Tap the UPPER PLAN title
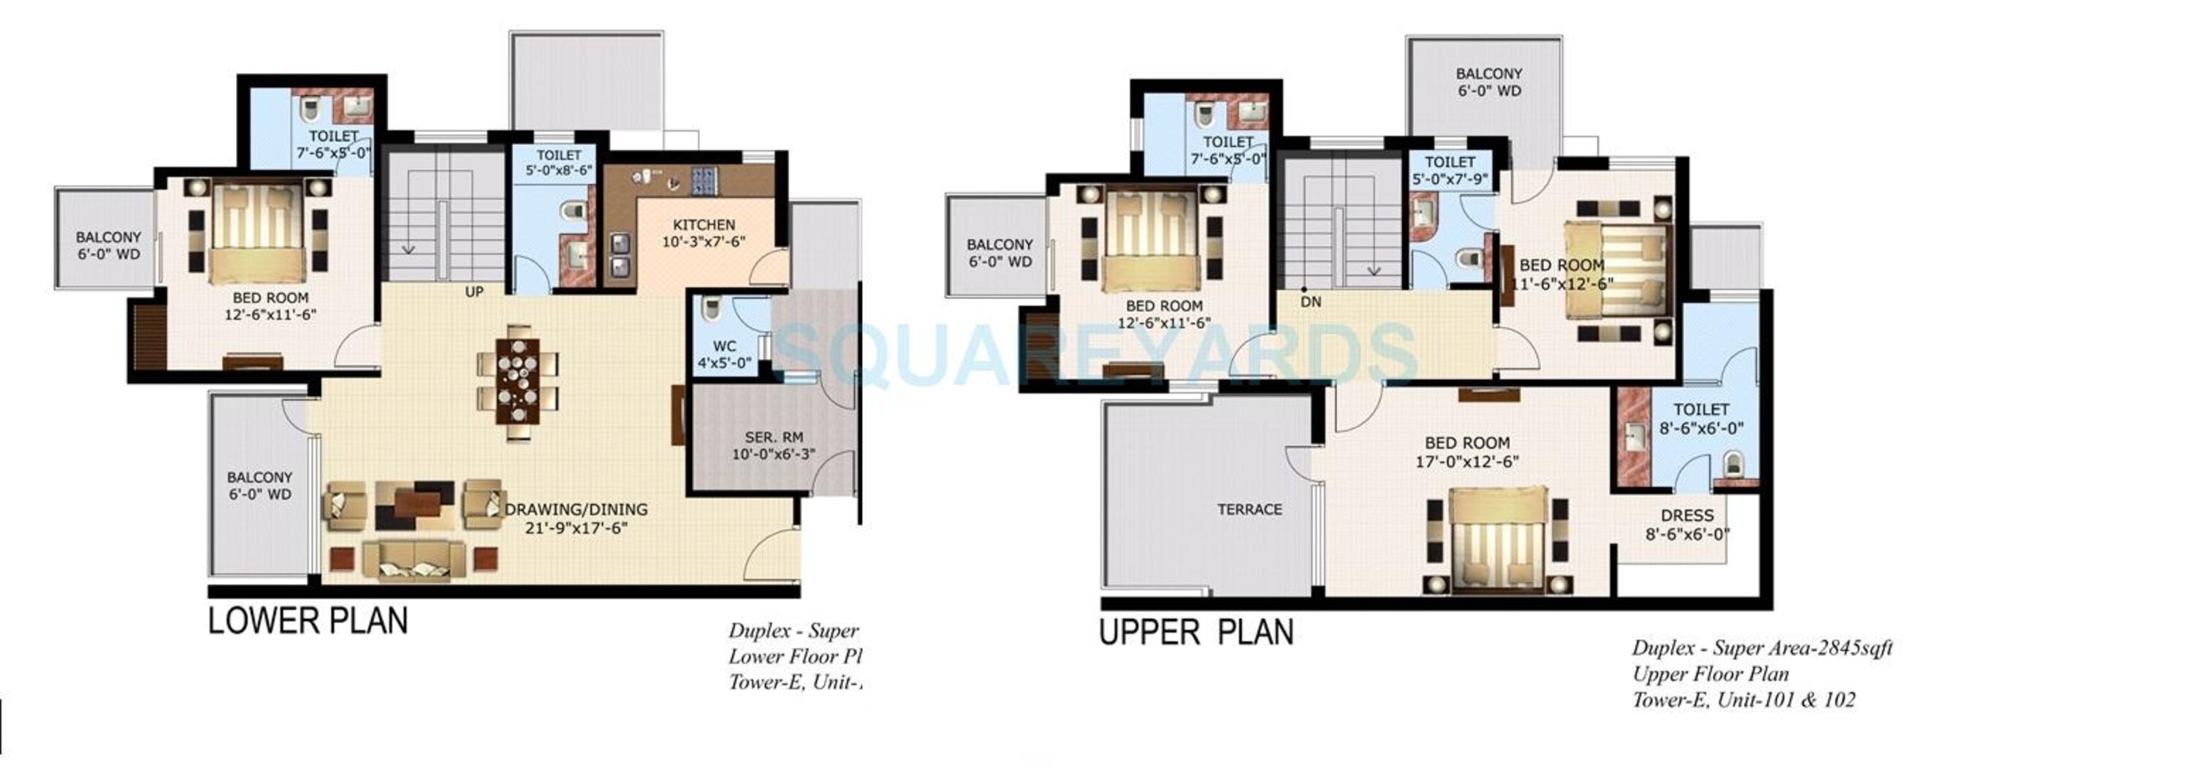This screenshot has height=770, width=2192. (1196, 632)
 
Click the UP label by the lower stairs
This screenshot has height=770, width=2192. (474, 291)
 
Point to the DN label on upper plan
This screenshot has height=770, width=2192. (1310, 302)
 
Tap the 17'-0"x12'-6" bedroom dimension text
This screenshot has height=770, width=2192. (1466, 462)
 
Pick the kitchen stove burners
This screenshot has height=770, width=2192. (703, 180)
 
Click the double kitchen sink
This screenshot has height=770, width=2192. (619, 256)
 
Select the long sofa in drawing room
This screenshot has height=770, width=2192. (414, 562)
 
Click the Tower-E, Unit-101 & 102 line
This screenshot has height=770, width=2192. (1743, 700)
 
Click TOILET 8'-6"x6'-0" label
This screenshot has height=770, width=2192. (1701, 419)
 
